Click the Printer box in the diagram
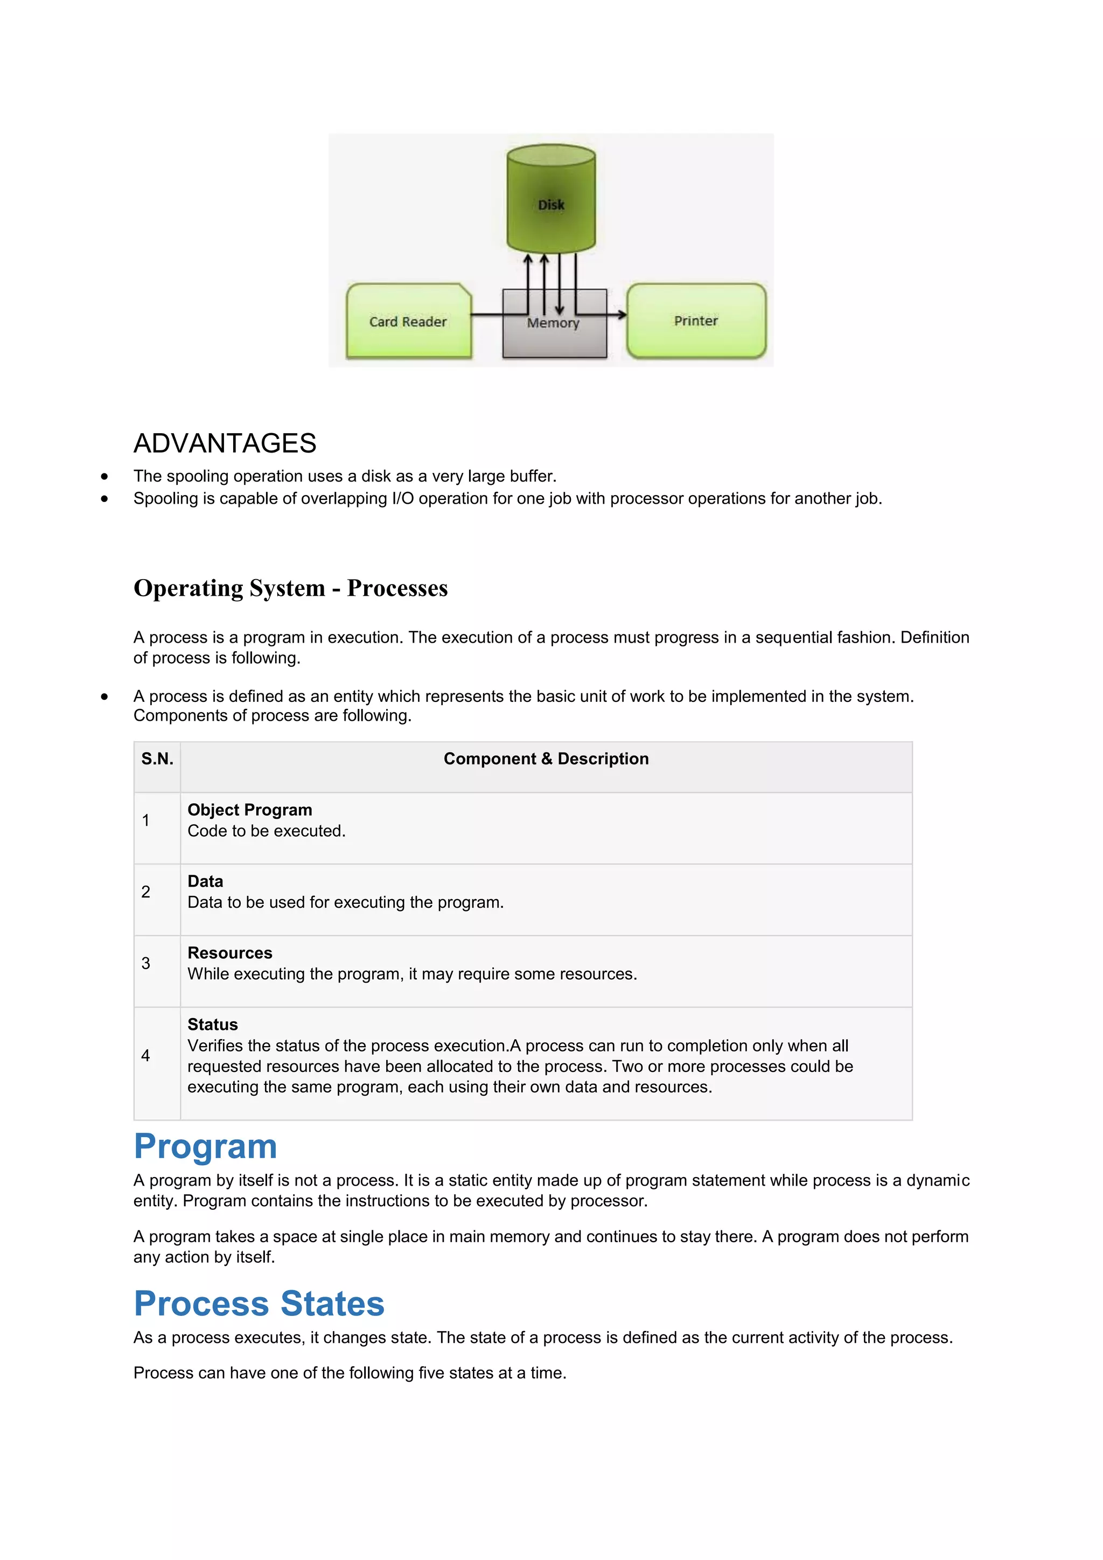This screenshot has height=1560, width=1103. click(x=696, y=321)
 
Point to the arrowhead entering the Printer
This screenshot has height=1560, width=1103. click(x=622, y=315)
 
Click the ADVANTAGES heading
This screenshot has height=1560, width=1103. click(x=225, y=443)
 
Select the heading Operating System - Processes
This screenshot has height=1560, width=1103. click(x=290, y=588)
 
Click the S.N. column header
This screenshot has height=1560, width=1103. click(x=157, y=759)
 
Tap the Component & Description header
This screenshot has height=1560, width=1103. click(x=546, y=759)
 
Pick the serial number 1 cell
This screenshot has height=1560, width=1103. click(x=146, y=820)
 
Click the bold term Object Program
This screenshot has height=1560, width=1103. click(x=250, y=810)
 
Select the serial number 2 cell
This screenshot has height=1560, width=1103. click(x=146, y=892)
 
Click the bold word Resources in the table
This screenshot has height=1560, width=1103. click(x=229, y=952)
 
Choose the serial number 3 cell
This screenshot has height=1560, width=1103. click(x=146, y=963)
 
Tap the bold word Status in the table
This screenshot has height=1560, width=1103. click(x=213, y=1025)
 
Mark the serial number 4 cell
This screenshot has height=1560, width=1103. click(x=146, y=1055)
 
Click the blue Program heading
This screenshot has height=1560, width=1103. click(x=206, y=1146)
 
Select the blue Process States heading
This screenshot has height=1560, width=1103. click(x=259, y=1303)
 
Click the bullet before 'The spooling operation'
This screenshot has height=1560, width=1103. click(x=104, y=476)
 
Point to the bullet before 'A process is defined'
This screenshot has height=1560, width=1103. click(x=104, y=697)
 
